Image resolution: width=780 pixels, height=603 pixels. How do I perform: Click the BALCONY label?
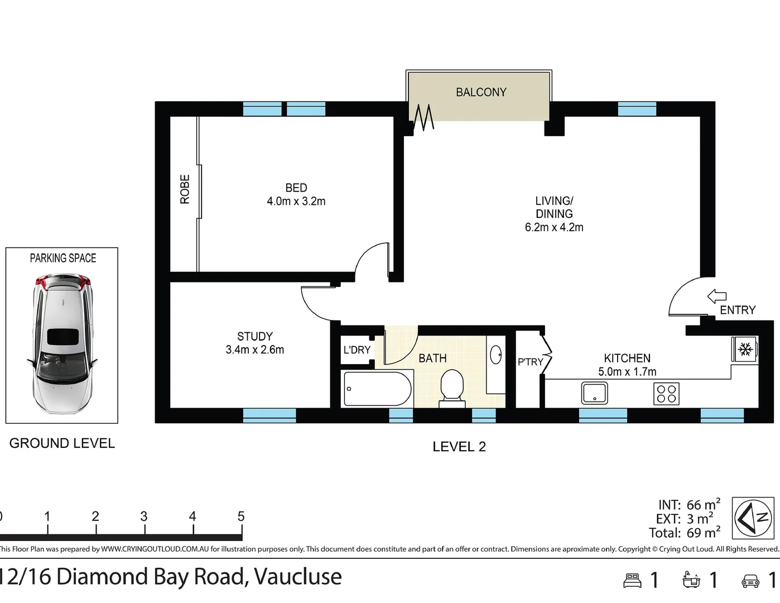(481, 92)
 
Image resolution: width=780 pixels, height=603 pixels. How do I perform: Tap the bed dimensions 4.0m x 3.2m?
(296, 202)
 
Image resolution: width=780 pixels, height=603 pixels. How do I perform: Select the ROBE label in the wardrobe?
(185, 189)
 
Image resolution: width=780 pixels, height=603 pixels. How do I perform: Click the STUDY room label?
(255, 336)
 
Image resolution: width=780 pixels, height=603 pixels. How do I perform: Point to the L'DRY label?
(357, 350)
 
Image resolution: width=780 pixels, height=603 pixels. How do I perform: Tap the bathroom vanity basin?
(495, 355)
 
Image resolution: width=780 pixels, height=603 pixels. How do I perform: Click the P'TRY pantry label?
(530, 362)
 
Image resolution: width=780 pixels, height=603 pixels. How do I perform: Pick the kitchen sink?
(594, 393)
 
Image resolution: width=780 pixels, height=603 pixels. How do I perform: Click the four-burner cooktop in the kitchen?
(666, 394)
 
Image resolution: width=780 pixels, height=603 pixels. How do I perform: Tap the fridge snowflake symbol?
(745, 350)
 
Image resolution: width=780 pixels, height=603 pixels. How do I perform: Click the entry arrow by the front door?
(717, 296)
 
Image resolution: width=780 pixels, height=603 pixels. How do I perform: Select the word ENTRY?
(738, 310)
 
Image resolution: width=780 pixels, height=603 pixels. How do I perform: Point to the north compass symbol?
(753, 518)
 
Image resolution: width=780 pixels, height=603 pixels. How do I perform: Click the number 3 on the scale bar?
(144, 516)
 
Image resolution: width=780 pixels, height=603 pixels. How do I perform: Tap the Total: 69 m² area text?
(685, 533)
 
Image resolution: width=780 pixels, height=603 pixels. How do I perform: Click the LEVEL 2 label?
(459, 447)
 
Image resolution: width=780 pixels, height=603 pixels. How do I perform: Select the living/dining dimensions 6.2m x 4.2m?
(554, 227)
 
